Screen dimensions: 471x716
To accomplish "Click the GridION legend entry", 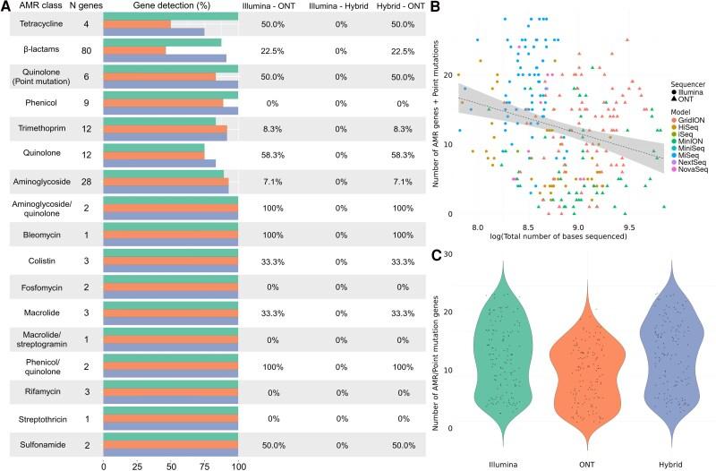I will tap(692, 119).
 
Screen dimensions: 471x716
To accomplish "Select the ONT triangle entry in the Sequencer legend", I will tap(686, 99).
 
